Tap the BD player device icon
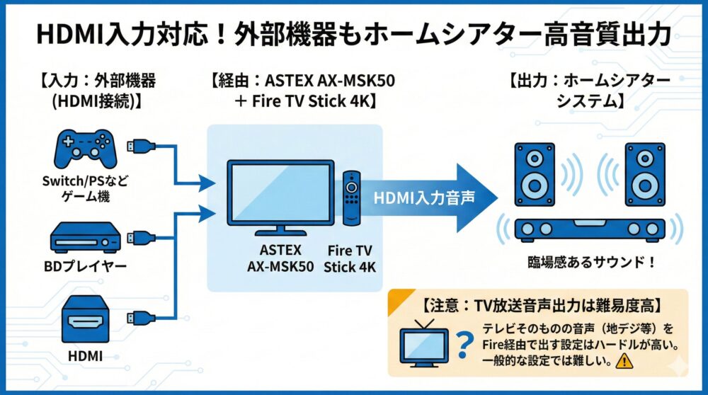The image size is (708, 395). pyautogui.click(x=84, y=238)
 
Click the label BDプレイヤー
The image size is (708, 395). pyautogui.click(x=84, y=267)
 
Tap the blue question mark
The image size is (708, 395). pyautogui.click(x=464, y=346)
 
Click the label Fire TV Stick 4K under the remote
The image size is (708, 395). pyautogui.click(x=350, y=258)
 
